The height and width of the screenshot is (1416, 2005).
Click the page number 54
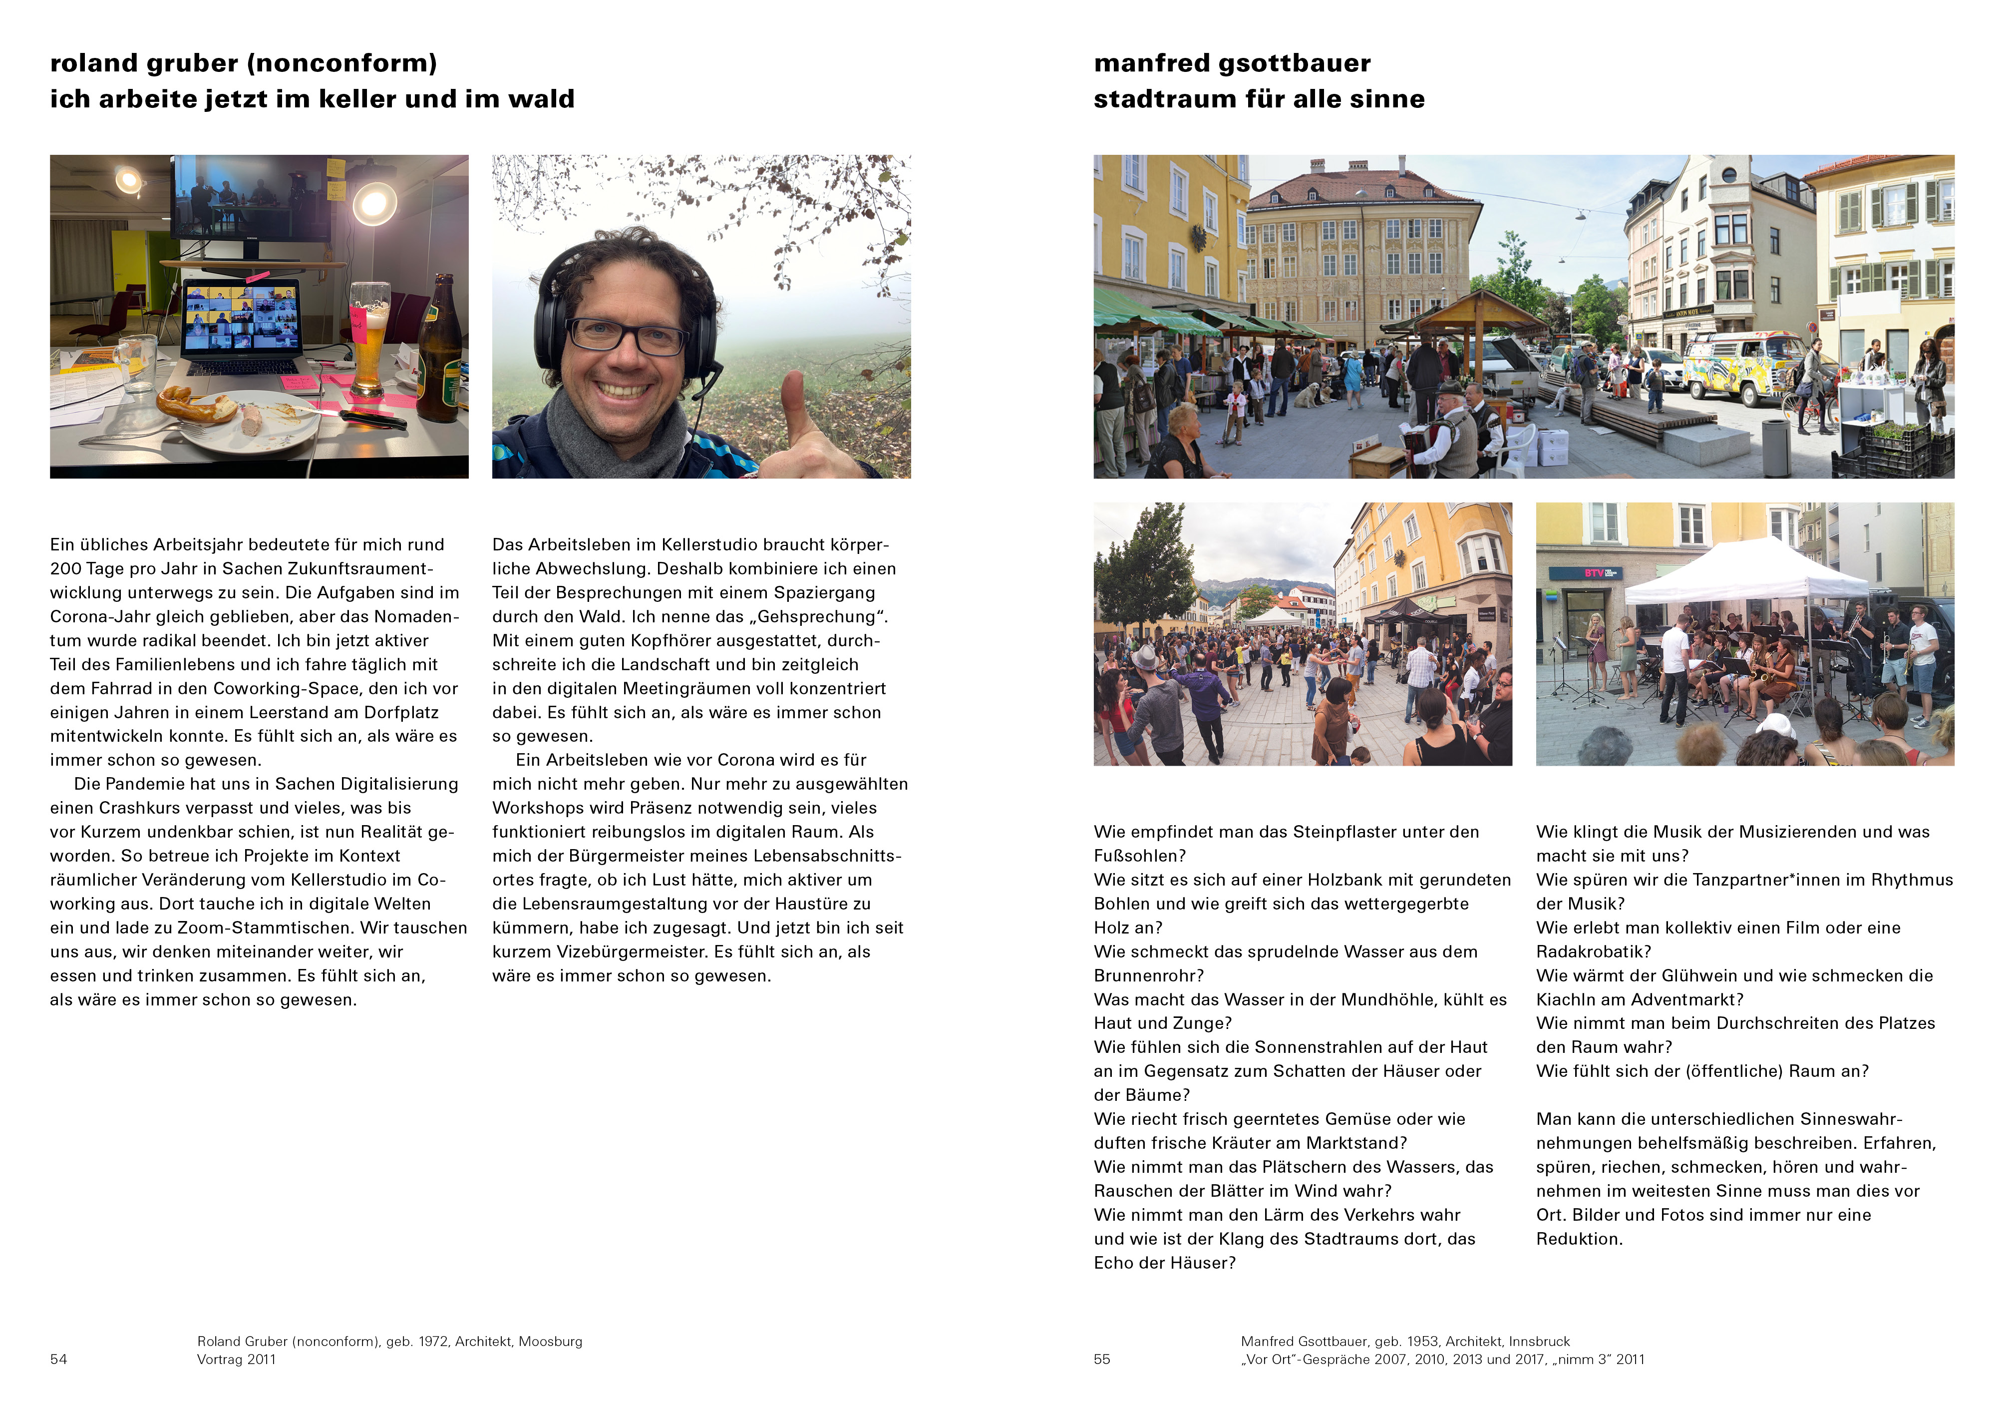tap(58, 1359)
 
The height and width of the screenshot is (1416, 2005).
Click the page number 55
tap(1102, 1359)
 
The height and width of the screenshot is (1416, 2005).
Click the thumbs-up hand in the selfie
tap(808, 428)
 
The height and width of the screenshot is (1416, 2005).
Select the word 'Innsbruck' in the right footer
tap(1540, 1341)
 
